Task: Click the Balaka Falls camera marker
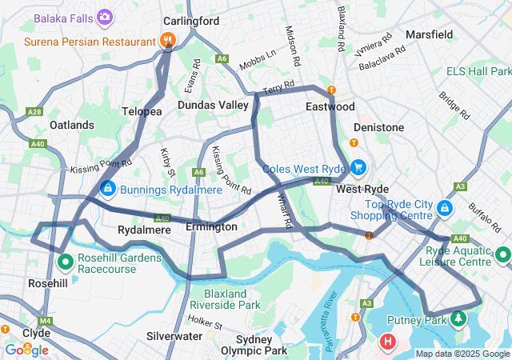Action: [105, 17]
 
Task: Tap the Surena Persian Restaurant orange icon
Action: [167, 41]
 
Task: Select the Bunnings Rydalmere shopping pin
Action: [107, 188]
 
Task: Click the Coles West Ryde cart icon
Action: [358, 168]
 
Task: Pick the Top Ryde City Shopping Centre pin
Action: [446, 209]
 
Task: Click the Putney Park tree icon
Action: [458, 319]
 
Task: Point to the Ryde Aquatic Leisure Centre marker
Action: [502, 254]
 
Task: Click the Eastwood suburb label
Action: [330, 106]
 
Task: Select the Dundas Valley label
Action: [213, 105]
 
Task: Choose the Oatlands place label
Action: [71, 126]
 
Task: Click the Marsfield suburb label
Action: [429, 34]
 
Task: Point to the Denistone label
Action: [378, 127]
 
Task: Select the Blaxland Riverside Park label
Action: [232, 299]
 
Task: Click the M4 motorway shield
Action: [45, 321]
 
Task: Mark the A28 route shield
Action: [34, 112]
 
